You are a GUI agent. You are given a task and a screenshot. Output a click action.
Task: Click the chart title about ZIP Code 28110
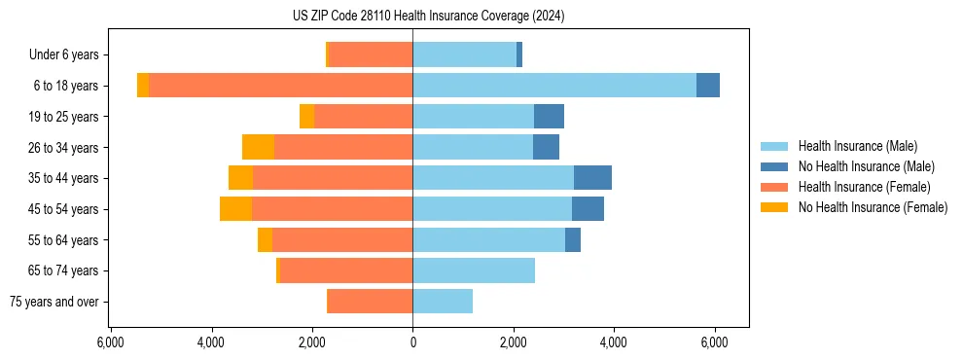428,17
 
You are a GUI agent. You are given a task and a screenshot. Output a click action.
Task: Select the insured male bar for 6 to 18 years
554,86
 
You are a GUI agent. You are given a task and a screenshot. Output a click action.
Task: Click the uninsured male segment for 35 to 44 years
592,178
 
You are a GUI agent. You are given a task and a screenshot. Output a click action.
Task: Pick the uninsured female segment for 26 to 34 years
258,147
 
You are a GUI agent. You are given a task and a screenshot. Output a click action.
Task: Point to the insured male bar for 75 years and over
443,302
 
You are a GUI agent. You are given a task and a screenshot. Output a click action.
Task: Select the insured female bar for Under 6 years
371,54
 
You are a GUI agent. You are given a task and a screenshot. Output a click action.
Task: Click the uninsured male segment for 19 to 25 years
549,117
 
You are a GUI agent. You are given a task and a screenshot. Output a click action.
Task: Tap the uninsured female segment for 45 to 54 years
235,209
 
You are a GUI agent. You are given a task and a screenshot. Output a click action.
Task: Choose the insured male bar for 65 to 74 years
474,270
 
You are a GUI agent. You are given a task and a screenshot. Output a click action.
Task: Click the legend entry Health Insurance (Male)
857,146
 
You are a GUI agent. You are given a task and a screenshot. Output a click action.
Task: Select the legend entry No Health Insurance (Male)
866,166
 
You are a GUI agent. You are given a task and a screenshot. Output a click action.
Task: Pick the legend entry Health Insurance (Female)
864,187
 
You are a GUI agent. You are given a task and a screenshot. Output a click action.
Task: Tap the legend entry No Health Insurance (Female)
873,207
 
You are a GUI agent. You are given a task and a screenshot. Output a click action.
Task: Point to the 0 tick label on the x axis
412,342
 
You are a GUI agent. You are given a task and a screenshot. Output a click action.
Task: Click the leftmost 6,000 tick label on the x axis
110,342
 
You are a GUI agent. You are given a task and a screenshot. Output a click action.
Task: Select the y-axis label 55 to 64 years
64,240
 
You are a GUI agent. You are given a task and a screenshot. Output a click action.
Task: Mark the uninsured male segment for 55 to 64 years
573,240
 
